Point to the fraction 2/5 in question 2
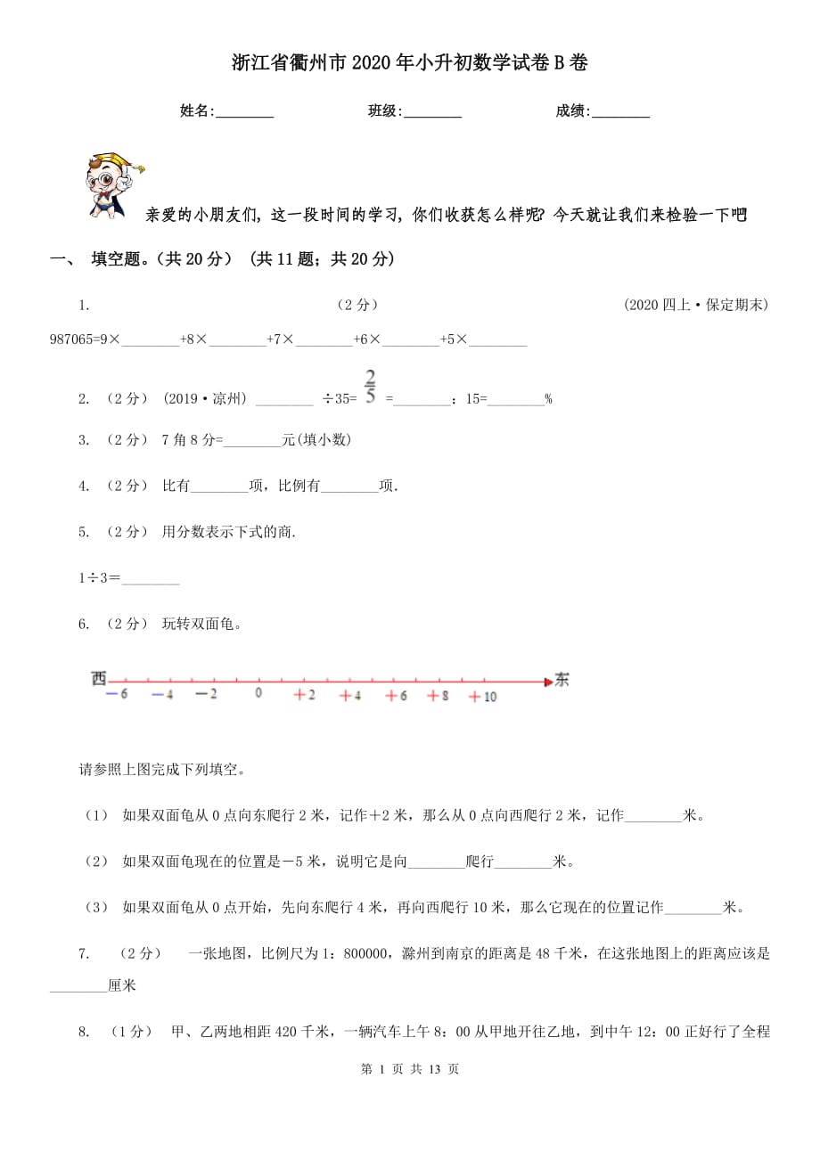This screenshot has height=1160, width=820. (371, 386)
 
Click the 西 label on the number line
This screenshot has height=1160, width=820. (98, 679)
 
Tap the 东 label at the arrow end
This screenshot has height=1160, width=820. (562, 680)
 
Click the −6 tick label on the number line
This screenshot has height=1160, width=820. (117, 695)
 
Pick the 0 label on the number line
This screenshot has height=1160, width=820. (258, 692)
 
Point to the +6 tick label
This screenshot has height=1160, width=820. (396, 696)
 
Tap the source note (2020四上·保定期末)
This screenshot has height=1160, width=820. (696, 305)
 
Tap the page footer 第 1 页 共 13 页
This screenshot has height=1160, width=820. (410, 1069)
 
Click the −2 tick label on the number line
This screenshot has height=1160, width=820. (206, 695)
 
